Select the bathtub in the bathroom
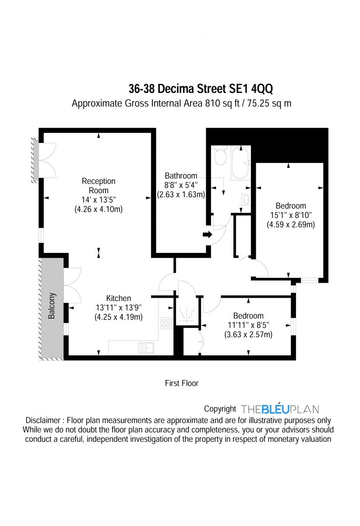240,163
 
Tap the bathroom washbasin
246,200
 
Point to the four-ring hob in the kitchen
166,323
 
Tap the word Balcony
52,306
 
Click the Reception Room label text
99,185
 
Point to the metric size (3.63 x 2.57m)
248,334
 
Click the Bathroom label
181,176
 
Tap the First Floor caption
181,383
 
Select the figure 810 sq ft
223,104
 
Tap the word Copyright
220,409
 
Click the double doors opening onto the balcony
71,285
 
